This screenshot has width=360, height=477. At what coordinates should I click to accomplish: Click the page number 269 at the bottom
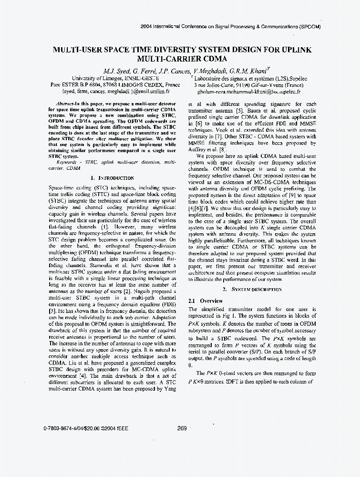point(182,428)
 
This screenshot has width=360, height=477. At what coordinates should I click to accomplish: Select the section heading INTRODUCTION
point(115,178)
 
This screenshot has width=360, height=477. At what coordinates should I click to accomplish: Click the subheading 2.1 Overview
point(205,301)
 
